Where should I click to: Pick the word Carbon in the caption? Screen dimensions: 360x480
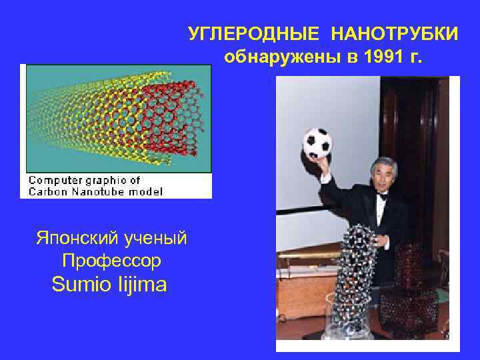(x=45, y=191)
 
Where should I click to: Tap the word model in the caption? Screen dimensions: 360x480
(x=147, y=191)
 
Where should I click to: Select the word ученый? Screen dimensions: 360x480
(x=157, y=238)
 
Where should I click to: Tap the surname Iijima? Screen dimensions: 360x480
(x=143, y=285)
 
